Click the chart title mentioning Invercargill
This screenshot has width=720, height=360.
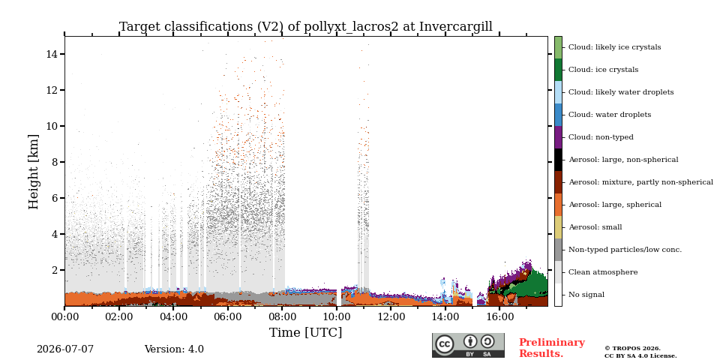pyautogui.click(x=306, y=27)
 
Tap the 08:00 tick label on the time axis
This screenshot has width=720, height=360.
pyautogui.click(x=282, y=316)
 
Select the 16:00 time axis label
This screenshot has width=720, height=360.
pyautogui.click(x=499, y=316)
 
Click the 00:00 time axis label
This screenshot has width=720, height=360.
pyautogui.click(x=64, y=316)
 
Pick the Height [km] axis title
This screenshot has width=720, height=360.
pyautogui.click(x=34, y=172)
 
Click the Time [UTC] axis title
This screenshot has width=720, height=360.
pyautogui.click(x=306, y=332)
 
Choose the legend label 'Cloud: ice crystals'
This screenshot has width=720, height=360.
pyautogui.click(x=603, y=70)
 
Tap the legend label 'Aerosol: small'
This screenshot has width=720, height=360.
pyautogui.click(x=595, y=227)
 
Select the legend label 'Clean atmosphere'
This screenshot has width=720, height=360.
pyautogui.click(x=603, y=272)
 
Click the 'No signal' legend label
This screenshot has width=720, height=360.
pyautogui.click(x=586, y=295)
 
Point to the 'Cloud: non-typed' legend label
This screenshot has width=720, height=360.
pyautogui.click(x=601, y=137)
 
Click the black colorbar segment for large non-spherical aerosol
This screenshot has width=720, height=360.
pyautogui.click(x=558, y=160)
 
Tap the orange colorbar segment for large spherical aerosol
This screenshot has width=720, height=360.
pyautogui.click(x=558, y=205)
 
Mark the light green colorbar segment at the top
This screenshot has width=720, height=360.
pyautogui.click(x=558, y=47)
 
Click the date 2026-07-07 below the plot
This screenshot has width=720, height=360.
pyautogui.click(x=65, y=349)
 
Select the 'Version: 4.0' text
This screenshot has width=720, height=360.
pyautogui.click(x=174, y=349)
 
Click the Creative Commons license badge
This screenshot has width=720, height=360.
pyautogui.click(x=468, y=345)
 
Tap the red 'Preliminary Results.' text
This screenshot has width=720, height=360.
pyautogui.click(x=552, y=348)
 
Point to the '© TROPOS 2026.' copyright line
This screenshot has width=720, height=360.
pyautogui.click(x=632, y=349)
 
